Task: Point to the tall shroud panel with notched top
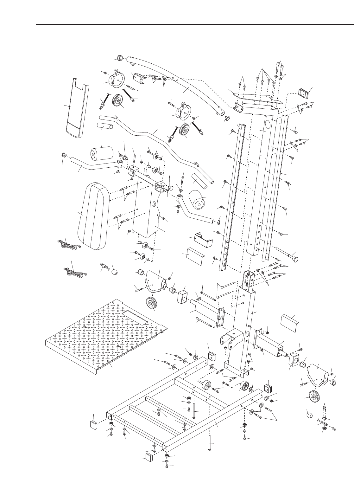(x=77, y=108)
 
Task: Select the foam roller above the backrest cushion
(x=102, y=153)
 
